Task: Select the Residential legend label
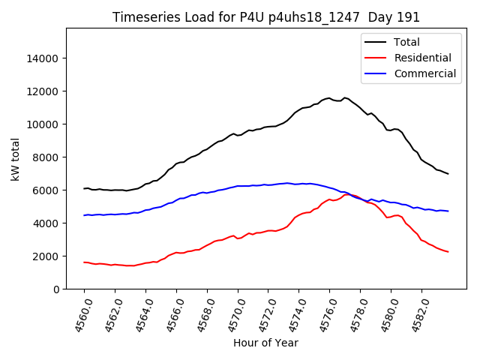click(x=423, y=58)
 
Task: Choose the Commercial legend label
click(x=424, y=73)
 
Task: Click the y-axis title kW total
click(x=15, y=158)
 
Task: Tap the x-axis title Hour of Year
click(x=265, y=343)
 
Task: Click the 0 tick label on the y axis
click(x=56, y=289)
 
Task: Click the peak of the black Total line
click(x=345, y=97)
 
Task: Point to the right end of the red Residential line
click(x=448, y=251)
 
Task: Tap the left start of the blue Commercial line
click(x=84, y=215)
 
